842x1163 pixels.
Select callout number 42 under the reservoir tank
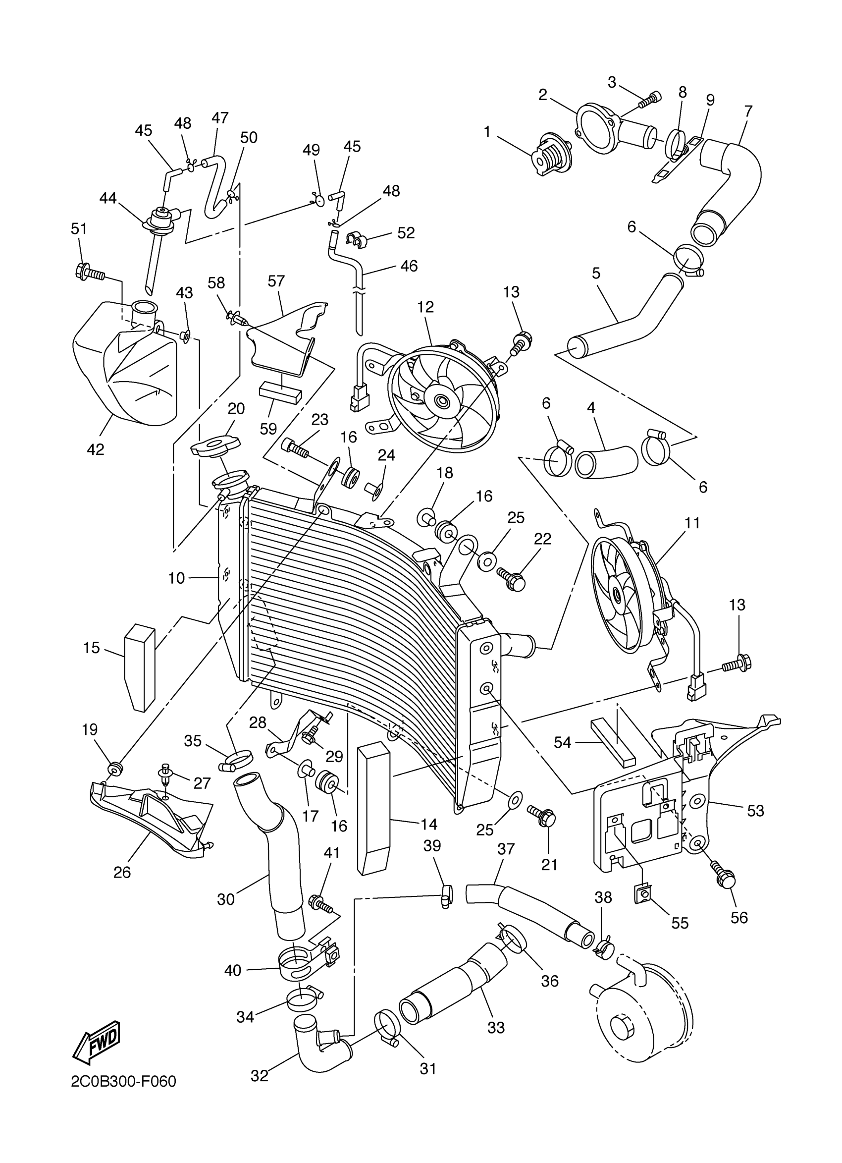coord(96,449)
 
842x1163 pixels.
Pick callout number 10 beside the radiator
coord(176,578)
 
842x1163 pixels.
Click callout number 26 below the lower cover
coord(122,872)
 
